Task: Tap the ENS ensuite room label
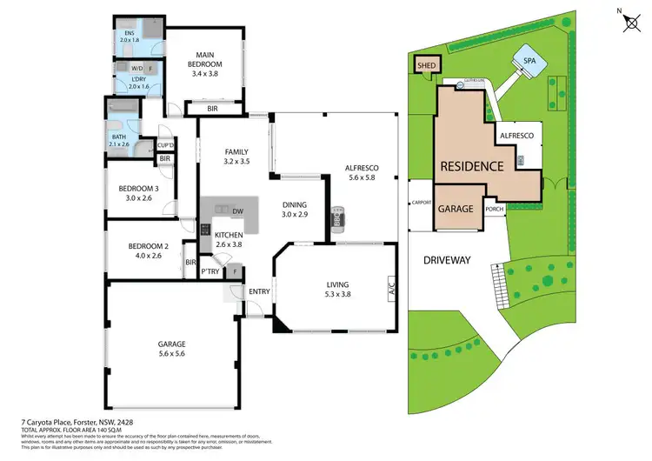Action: tap(129, 36)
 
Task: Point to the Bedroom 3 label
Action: tap(139, 193)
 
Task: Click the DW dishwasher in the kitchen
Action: tap(237, 210)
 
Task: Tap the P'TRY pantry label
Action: tap(210, 271)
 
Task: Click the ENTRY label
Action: tap(259, 291)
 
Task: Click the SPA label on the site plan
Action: tap(529, 61)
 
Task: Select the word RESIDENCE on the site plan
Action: tap(471, 166)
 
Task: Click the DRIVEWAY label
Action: tap(447, 259)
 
